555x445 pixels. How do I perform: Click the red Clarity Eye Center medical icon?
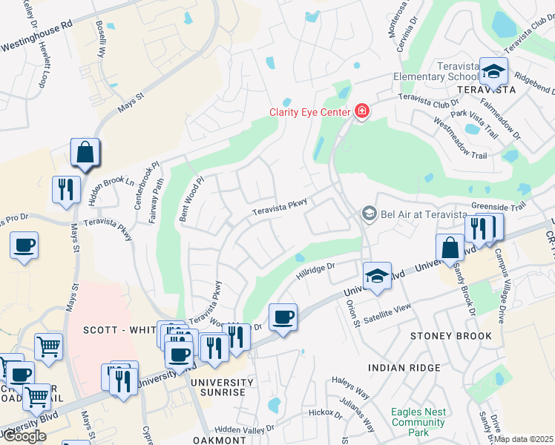click(x=361, y=112)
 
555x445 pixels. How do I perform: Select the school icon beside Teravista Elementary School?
click(x=493, y=71)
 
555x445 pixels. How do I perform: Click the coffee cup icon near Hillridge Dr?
click(x=283, y=317)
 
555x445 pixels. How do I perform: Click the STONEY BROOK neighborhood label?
click(x=451, y=336)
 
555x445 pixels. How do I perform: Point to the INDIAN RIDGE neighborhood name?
click(x=404, y=367)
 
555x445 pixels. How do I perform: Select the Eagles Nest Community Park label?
click(x=418, y=422)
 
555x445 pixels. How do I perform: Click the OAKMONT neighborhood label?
click(x=218, y=440)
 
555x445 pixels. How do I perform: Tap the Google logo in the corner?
click(x=24, y=436)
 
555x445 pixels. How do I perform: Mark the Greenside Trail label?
click(x=498, y=207)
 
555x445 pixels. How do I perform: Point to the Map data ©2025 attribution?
click(x=523, y=439)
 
